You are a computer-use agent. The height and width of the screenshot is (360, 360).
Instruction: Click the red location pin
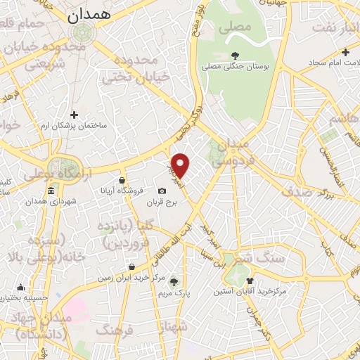point(181,165)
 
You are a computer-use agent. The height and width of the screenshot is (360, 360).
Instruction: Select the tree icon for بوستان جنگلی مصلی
point(235,55)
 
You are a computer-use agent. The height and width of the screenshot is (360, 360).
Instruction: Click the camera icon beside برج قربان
point(162,191)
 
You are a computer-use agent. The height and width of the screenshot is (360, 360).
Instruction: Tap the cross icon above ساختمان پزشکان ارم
point(74,115)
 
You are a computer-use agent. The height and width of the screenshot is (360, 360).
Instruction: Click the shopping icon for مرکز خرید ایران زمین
point(132,266)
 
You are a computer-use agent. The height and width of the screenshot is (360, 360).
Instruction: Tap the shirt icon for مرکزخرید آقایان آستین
point(250,280)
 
